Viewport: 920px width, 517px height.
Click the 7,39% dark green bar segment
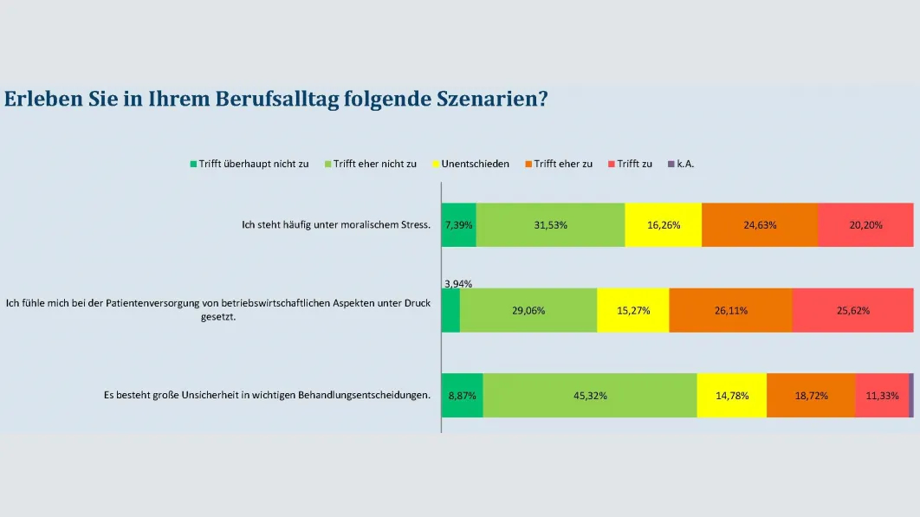(x=458, y=225)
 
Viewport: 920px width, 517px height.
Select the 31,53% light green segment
(x=550, y=225)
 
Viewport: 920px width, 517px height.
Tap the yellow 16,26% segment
(x=663, y=225)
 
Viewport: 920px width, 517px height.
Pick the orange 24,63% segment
(x=759, y=225)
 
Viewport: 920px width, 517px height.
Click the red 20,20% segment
(x=865, y=225)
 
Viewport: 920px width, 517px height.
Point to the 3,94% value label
(x=458, y=283)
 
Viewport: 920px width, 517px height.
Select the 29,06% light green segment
(x=528, y=310)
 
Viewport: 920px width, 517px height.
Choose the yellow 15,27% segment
(x=632, y=310)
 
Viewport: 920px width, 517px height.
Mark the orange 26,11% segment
(x=730, y=310)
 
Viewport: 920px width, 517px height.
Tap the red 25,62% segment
(x=852, y=310)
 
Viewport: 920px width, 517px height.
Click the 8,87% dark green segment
(x=462, y=395)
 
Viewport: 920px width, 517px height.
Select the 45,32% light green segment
(x=589, y=395)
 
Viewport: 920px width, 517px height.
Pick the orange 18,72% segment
(x=811, y=395)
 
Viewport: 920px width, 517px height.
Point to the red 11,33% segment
(x=882, y=395)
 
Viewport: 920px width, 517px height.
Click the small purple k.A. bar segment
(x=911, y=395)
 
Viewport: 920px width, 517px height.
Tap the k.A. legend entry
(x=686, y=164)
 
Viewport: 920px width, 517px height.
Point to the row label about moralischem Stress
(x=336, y=225)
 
